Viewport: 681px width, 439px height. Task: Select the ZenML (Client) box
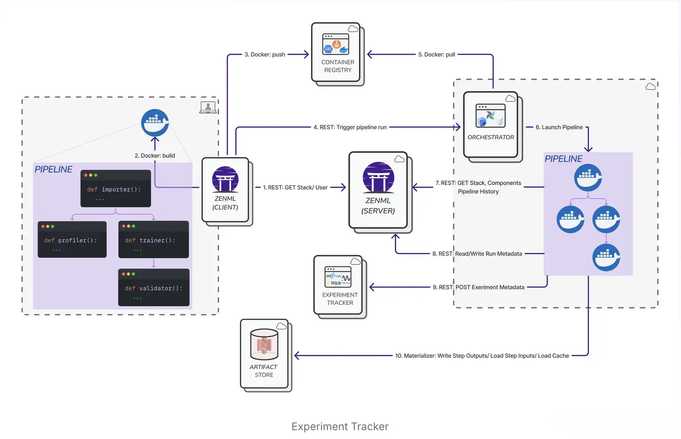[x=225, y=190]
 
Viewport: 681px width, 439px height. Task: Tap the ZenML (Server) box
[x=378, y=190]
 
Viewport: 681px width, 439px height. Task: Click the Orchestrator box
[x=490, y=125]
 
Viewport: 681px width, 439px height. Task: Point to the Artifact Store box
[x=264, y=354]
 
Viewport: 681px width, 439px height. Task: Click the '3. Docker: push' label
[x=265, y=55]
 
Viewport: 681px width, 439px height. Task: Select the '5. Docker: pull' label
[x=437, y=55]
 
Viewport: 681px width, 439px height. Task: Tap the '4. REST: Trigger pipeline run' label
[x=350, y=127]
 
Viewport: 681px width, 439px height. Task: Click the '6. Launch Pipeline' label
[x=559, y=127]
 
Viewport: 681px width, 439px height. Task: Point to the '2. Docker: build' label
[x=155, y=156]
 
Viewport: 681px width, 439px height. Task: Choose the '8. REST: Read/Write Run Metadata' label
[x=477, y=254]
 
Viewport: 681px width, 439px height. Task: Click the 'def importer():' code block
[x=115, y=189]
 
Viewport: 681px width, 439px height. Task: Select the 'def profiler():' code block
[x=72, y=239]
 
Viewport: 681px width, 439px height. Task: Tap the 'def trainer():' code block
[x=153, y=239]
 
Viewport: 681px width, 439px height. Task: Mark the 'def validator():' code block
[x=154, y=287]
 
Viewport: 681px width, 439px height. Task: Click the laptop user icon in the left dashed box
[x=208, y=107]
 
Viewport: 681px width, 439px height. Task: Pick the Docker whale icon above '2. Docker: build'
[x=155, y=123]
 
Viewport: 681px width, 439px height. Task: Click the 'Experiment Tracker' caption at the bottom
[x=340, y=427]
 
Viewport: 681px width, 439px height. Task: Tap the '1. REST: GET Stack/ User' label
[x=295, y=188]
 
